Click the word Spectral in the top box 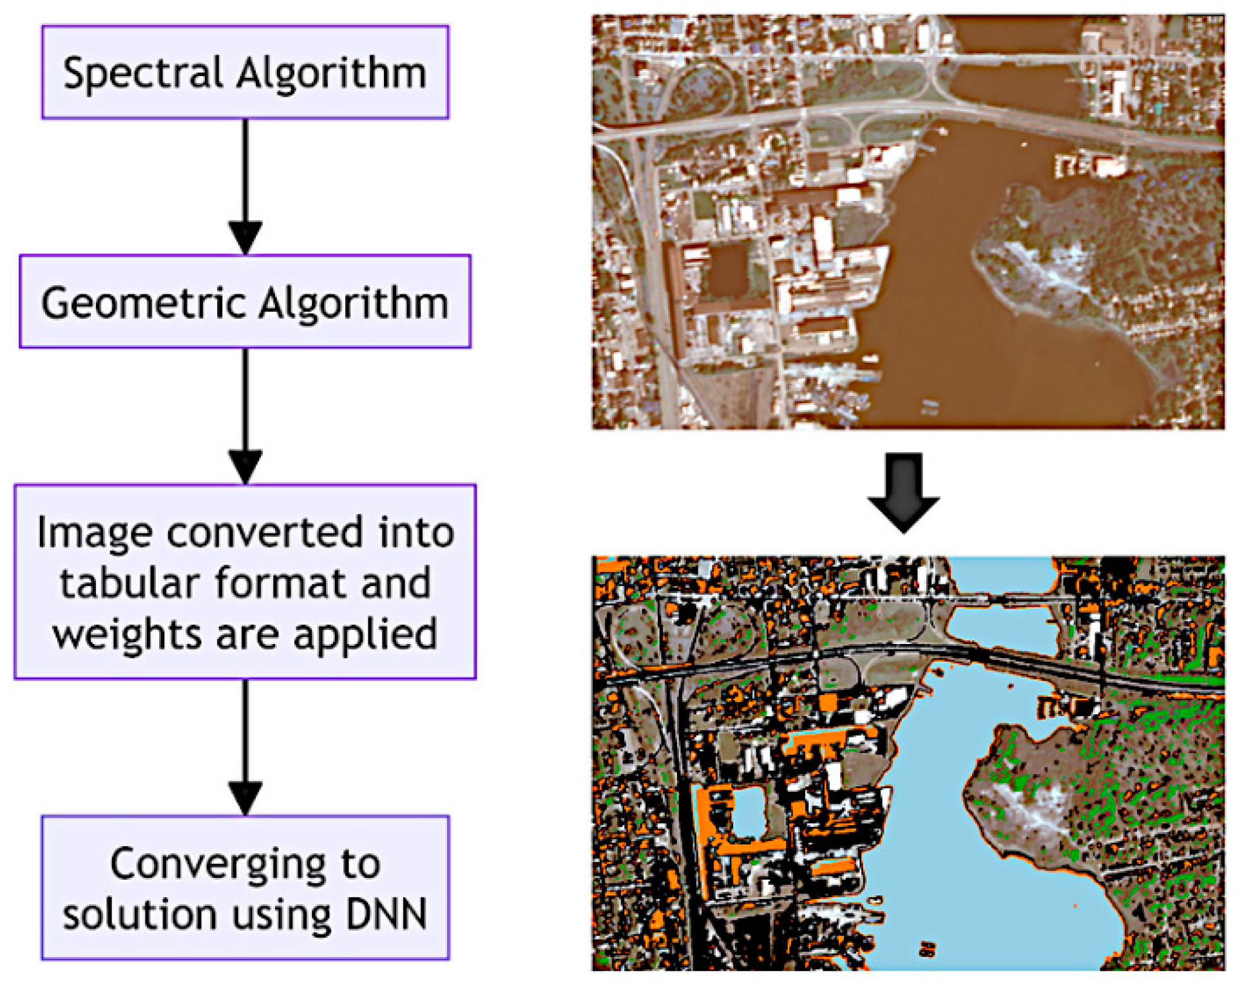pyautogui.click(x=142, y=73)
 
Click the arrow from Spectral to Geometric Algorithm pyautogui.click(x=245, y=187)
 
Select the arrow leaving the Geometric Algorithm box pyautogui.click(x=245, y=416)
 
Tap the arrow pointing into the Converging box pyautogui.click(x=245, y=747)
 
